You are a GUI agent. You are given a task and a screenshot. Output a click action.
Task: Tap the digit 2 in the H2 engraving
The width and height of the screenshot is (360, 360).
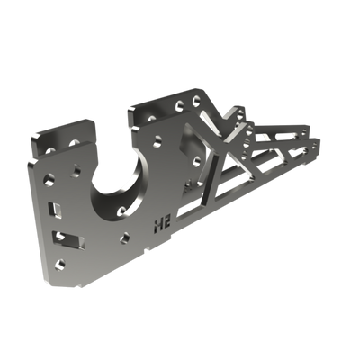click(x=169, y=219)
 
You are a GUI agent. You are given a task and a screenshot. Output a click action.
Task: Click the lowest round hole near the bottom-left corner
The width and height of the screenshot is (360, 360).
click(x=59, y=263)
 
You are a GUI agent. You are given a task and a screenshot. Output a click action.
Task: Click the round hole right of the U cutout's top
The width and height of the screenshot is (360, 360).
click(x=158, y=140)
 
